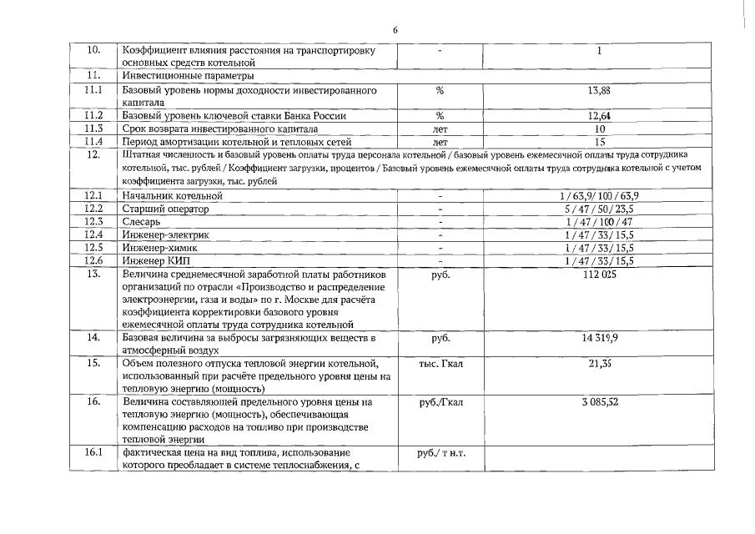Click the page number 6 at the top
coord(395,30)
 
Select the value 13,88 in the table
coord(599,89)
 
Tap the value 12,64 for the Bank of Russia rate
coord(599,116)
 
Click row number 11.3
coord(93,129)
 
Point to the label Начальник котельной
coord(173,195)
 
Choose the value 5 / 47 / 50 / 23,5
coord(599,209)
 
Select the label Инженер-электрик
coord(166,235)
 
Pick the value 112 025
coord(599,274)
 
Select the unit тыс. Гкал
coord(440,364)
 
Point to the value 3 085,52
coord(599,402)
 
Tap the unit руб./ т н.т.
coord(440,453)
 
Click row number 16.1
coord(93,453)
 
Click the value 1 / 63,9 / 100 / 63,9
coord(599,195)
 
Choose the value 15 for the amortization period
coord(599,142)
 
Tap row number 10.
coord(93,51)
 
